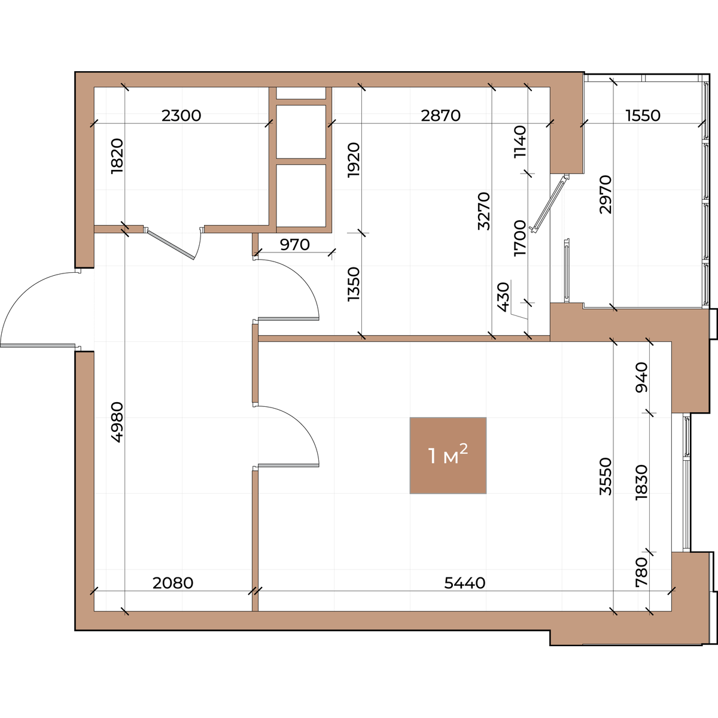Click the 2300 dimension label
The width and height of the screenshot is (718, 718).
pos(181,115)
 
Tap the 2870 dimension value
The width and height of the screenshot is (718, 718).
pos(441,115)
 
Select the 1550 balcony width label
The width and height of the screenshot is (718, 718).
pos(643,115)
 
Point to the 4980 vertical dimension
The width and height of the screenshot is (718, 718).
pos(117,422)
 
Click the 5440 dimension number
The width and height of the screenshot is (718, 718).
pos(465,583)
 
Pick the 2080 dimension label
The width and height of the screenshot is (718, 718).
pos(173,583)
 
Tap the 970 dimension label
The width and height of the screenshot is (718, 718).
pos(295,245)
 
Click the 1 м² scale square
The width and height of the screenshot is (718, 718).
pos(448,455)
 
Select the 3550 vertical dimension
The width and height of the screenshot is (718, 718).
pos(606,476)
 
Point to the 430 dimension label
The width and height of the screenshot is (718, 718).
pos(503,297)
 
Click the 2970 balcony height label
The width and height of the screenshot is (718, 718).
pos(606,194)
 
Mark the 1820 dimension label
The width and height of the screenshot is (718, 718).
pos(117,156)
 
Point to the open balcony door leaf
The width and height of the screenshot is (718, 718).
pos(550,204)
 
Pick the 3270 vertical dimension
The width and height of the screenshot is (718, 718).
pos(485,211)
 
